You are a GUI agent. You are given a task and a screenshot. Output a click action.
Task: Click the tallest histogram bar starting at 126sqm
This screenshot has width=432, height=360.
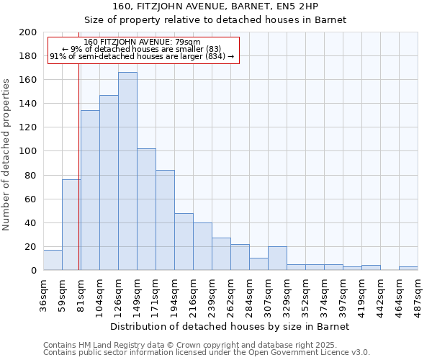click(x=127, y=171)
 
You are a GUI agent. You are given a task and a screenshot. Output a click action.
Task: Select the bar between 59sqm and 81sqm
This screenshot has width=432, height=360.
click(x=71, y=225)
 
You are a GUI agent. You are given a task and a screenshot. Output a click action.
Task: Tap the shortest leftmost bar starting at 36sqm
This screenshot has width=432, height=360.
click(x=53, y=260)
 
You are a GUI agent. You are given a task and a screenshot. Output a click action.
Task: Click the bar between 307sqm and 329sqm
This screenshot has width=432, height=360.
click(x=277, y=258)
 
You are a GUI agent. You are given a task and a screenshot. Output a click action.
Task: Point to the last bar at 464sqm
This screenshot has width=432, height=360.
click(x=408, y=269)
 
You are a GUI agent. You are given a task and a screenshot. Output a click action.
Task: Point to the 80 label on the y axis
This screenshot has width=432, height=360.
click(x=31, y=175)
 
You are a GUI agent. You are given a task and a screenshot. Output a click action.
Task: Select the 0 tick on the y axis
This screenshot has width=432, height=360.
click(x=34, y=271)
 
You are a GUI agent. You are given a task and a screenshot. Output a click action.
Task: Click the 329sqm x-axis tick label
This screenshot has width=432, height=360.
click(x=287, y=294)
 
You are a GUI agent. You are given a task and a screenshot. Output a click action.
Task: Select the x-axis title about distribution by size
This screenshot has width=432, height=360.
click(x=230, y=326)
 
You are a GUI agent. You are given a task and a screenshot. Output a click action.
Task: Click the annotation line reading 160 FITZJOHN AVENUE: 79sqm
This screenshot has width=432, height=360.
click(x=142, y=42)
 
